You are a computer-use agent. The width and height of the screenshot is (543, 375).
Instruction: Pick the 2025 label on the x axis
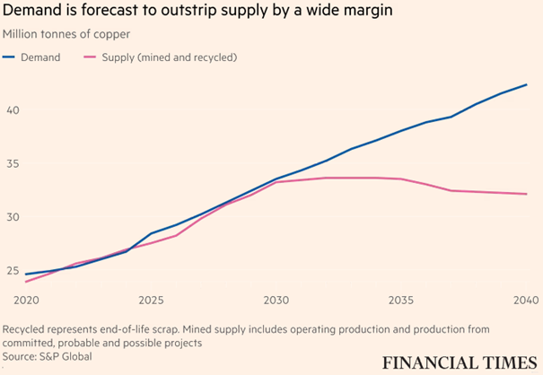coord(151,298)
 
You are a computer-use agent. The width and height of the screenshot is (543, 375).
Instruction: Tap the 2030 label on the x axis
coord(276,298)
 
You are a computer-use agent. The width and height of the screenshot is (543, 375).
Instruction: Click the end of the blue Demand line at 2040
coord(526,84)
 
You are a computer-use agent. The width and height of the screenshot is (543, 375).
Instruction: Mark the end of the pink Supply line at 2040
coord(526,194)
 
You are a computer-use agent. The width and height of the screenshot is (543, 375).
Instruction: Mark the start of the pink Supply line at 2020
coord(25,282)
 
